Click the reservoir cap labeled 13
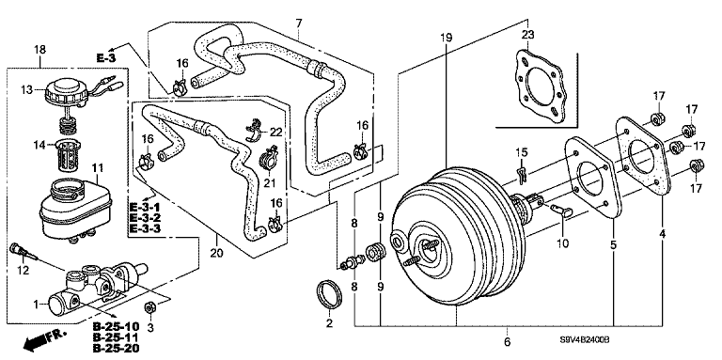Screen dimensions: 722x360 pos(66,92)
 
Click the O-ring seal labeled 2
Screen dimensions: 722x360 pos(330,294)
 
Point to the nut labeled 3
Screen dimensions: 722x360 pos(149,306)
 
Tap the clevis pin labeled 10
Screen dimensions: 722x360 pos(561,211)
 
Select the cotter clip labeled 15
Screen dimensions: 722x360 pos(522,172)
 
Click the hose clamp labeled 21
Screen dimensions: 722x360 pos(269,159)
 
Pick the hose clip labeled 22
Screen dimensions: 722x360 pos(255,129)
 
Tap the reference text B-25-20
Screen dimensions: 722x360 pos(116,349)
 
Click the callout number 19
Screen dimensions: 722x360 pos(447,38)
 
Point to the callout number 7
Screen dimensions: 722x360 pos(298,23)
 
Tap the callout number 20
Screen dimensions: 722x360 pos(217,252)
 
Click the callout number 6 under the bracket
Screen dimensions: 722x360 pos(507,342)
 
